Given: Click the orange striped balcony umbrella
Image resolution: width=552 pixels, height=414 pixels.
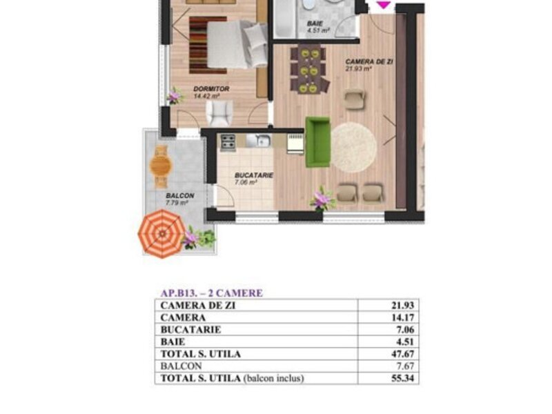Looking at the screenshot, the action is coord(161,234).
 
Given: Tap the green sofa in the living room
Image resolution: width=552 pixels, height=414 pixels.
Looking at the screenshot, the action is coord(317,142).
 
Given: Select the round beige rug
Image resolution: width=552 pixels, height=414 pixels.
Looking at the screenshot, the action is coord(354,147).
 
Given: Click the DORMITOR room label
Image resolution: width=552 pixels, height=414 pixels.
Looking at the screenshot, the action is coord(211,89).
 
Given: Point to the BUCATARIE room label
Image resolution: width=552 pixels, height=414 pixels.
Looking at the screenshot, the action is coord(254,175).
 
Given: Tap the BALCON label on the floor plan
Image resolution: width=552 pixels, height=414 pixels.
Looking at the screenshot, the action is coord(180,196).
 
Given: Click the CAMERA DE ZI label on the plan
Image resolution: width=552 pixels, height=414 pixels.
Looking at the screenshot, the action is coord(369,61).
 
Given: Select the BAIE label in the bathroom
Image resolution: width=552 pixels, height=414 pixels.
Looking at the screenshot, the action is coord(315,23).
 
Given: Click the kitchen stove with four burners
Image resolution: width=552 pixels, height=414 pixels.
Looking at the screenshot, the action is coord(228,143).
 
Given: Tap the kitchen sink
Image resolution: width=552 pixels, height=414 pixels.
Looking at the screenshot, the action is coord(258,141).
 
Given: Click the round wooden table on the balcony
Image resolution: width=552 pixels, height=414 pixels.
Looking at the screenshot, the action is coord(161,166).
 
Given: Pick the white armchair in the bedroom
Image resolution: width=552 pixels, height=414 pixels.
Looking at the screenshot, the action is coord(219,113).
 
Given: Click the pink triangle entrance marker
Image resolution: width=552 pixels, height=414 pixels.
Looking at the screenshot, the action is coord(384,5).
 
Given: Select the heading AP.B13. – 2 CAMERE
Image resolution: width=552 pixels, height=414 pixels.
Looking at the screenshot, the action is coord(212,293).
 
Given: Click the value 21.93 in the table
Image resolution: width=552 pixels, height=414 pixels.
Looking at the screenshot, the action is coord(403,305).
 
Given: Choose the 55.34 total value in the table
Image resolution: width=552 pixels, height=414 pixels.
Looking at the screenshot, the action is coord(403,378).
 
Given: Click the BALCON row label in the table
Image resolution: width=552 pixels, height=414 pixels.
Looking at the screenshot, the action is coord(181,366).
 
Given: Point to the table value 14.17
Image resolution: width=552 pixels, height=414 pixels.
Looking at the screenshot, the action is coord(403,317).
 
